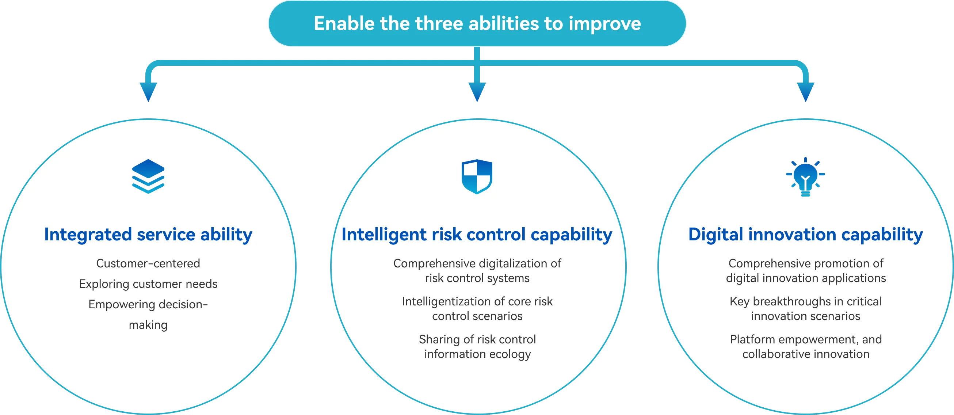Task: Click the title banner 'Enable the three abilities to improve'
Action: [x=477, y=23]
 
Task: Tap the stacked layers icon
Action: [x=148, y=176]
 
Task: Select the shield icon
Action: [x=477, y=177]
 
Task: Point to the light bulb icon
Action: [x=805, y=177]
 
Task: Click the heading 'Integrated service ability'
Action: [x=148, y=235]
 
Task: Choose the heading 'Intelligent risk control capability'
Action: [x=477, y=235]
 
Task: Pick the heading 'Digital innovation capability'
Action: [x=805, y=235]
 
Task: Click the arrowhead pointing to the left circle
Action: [x=148, y=92]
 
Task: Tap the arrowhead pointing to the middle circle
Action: [x=477, y=92]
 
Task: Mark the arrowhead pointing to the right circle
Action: [x=805, y=92]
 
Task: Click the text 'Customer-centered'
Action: [x=148, y=263]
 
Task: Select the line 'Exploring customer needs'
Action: [x=148, y=284]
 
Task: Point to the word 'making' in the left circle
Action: [x=148, y=325]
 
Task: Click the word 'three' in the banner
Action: [x=439, y=24]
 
